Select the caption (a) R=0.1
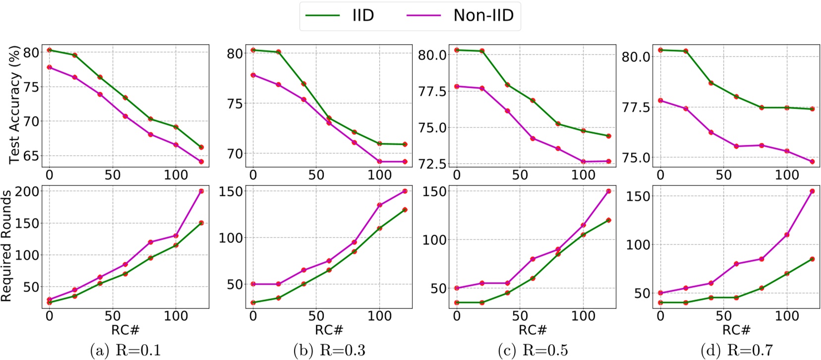click(x=125, y=351)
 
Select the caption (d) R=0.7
click(x=737, y=351)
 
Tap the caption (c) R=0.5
click(x=533, y=351)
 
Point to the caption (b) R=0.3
click(x=329, y=351)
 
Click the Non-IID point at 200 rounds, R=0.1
click(x=201, y=191)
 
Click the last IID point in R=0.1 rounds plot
click(x=201, y=223)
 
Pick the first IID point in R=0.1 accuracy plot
click(x=49, y=50)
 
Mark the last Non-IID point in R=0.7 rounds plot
click(x=812, y=191)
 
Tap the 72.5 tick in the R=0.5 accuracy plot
click(x=433, y=164)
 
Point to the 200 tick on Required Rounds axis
click(x=27, y=191)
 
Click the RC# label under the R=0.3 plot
click(x=329, y=330)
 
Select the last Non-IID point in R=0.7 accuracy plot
click(x=812, y=162)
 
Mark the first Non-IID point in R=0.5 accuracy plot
click(x=457, y=86)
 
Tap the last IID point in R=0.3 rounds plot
click(x=405, y=210)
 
